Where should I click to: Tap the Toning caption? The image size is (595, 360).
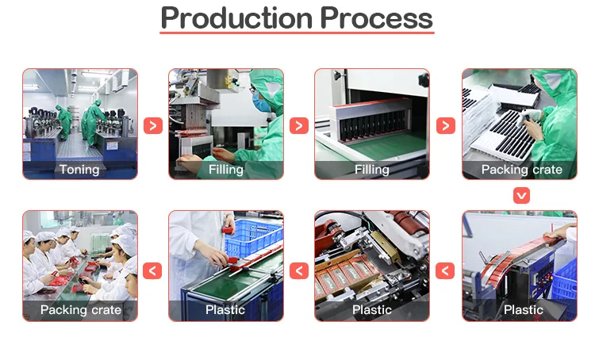click(x=79, y=169)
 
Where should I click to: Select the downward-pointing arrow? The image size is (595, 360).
click(x=521, y=195)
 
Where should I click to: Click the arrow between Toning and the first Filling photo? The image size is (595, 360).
click(x=153, y=125)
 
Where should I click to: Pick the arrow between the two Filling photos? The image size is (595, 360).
click(x=299, y=125)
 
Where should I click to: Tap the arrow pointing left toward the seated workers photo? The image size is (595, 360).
click(x=153, y=271)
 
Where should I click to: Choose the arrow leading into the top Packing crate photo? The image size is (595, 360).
click(x=446, y=125)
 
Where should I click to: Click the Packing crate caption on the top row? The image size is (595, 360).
click(x=521, y=169)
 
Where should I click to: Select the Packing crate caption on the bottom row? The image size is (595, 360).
click(x=81, y=309)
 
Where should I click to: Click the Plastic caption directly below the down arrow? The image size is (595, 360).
click(x=523, y=309)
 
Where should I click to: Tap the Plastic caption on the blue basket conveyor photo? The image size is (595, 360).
click(x=225, y=309)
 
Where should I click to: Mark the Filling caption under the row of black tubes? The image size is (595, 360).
click(x=372, y=169)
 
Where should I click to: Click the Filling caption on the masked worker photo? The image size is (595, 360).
click(x=225, y=169)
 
